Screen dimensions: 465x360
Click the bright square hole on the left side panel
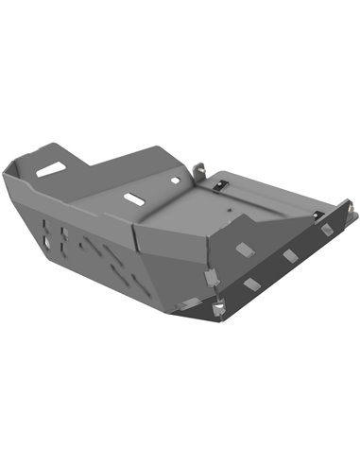coord(46,250)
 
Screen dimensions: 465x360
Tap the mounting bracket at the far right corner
coord(346,208)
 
